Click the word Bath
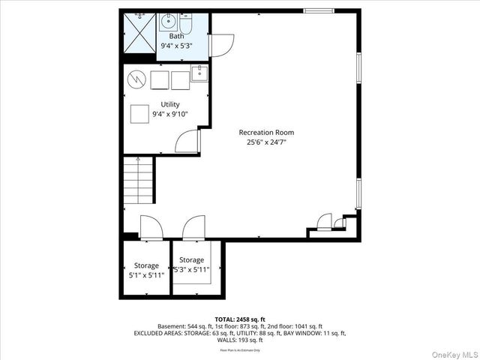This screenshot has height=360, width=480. (x=176, y=36)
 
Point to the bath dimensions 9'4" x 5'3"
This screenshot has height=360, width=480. (x=176, y=46)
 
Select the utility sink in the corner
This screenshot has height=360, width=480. (x=199, y=73)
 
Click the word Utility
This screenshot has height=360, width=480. (x=170, y=105)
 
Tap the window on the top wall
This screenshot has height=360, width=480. (x=319, y=10)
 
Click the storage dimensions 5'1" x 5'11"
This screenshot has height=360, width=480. (x=146, y=275)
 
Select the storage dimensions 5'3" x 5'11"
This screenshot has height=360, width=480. (x=191, y=269)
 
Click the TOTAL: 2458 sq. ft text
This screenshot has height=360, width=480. (x=240, y=319)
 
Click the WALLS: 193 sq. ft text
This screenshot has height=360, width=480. (x=240, y=339)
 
